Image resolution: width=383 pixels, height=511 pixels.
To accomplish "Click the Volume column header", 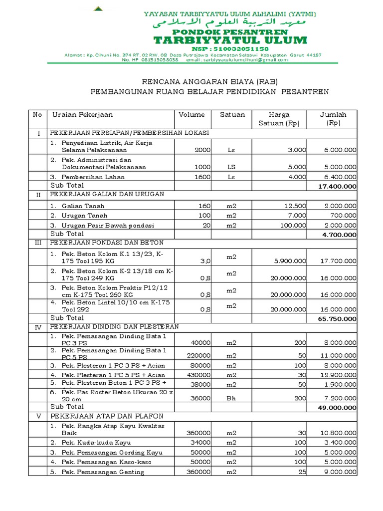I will (191, 115).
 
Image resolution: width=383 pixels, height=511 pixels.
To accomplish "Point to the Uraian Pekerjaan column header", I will (83, 115).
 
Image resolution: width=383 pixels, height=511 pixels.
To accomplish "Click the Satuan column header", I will (232, 115).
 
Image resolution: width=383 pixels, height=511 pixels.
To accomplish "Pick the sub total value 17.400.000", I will (337, 186).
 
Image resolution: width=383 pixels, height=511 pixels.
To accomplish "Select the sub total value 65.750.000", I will (337, 318).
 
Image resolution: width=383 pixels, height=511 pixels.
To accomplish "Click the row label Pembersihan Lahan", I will (93, 177).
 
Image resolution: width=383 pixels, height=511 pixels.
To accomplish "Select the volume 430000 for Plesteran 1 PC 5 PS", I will (198, 375).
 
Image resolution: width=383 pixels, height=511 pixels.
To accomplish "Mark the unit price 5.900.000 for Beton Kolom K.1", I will (291, 261).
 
